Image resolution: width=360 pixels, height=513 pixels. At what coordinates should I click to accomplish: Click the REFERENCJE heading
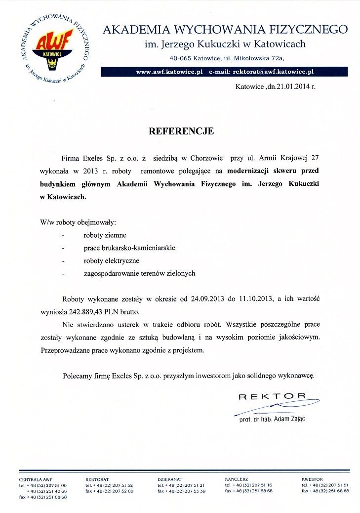(x=181, y=131)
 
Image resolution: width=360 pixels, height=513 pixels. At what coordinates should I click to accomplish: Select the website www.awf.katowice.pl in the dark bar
(x=170, y=72)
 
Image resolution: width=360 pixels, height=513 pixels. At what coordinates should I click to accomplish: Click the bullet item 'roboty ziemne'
(x=105, y=235)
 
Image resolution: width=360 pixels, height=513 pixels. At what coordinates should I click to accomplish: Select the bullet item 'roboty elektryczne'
(x=111, y=260)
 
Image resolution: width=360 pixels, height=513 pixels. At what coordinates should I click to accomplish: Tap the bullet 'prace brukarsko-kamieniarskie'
(x=129, y=248)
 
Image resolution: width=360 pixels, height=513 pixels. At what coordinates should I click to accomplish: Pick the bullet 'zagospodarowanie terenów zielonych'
(x=140, y=273)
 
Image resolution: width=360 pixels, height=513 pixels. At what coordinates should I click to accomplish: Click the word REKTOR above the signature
(x=272, y=396)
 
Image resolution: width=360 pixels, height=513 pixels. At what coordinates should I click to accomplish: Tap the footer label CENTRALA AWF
(x=36, y=479)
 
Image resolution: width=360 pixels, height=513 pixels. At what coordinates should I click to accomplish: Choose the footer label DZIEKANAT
(x=170, y=479)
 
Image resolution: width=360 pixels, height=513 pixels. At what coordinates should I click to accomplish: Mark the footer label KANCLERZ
(x=236, y=479)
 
